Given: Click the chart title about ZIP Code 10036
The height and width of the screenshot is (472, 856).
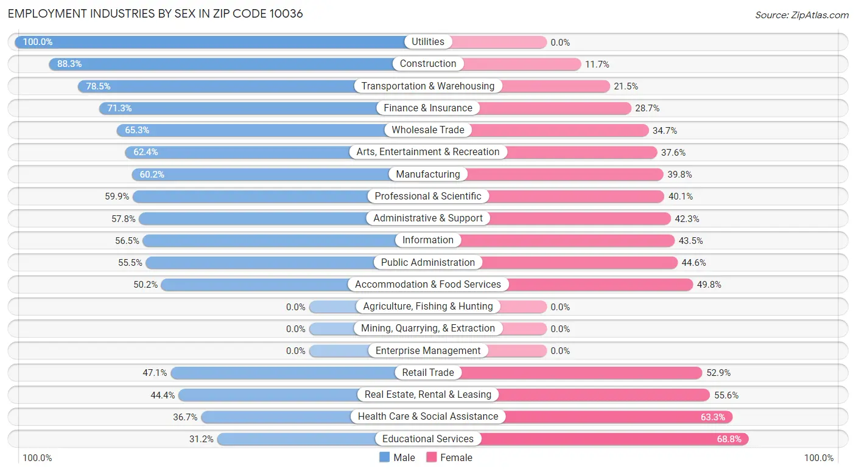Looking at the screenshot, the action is pyautogui.click(x=155, y=14).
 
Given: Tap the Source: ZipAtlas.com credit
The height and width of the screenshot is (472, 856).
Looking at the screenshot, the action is pyautogui.click(x=802, y=15).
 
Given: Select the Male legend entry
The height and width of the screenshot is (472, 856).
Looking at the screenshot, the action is pyautogui.click(x=397, y=457).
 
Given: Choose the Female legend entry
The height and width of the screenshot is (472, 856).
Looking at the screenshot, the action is pyautogui.click(x=449, y=457).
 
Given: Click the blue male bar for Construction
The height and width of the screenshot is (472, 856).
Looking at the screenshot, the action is pyautogui.click(x=221, y=64).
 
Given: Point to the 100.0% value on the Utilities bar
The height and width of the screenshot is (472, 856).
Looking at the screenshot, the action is pyautogui.click(x=38, y=41).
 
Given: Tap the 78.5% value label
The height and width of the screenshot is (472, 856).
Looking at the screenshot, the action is pyautogui.click(x=98, y=86).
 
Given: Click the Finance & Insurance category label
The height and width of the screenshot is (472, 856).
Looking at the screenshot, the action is pyautogui.click(x=428, y=108).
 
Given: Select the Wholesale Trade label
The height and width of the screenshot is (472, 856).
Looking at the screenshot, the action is pyautogui.click(x=428, y=130).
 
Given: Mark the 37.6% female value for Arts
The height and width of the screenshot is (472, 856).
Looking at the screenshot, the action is pyautogui.click(x=673, y=153).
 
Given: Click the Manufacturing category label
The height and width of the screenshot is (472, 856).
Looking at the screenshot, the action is pyautogui.click(x=428, y=174).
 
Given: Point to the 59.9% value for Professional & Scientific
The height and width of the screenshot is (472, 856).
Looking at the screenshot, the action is pyautogui.click(x=117, y=196).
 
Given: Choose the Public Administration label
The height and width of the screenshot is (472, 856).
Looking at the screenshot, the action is pyautogui.click(x=428, y=262).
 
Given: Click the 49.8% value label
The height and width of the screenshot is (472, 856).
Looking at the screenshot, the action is pyautogui.click(x=709, y=285).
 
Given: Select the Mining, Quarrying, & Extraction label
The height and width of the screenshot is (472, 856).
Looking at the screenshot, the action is pyautogui.click(x=428, y=328).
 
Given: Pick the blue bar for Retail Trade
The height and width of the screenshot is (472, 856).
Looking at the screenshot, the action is pyautogui.click(x=283, y=373).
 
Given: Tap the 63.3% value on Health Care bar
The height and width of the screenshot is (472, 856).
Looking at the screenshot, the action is pyautogui.click(x=713, y=417).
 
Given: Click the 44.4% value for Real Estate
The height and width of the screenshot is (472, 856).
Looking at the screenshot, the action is pyautogui.click(x=163, y=395).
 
